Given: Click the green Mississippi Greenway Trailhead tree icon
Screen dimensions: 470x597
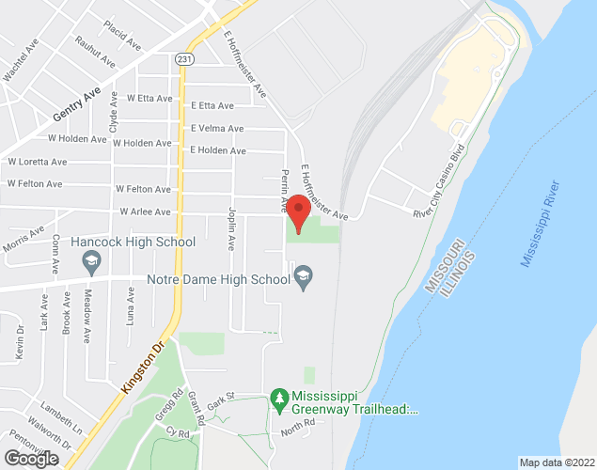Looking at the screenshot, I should [x=278, y=400].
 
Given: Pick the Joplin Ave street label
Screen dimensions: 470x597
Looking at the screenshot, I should [x=231, y=229].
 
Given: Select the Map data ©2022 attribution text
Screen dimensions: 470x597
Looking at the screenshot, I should [x=558, y=462].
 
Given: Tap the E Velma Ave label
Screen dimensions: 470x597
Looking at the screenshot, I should [x=217, y=129].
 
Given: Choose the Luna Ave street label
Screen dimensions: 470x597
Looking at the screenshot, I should [x=130, y=305].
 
